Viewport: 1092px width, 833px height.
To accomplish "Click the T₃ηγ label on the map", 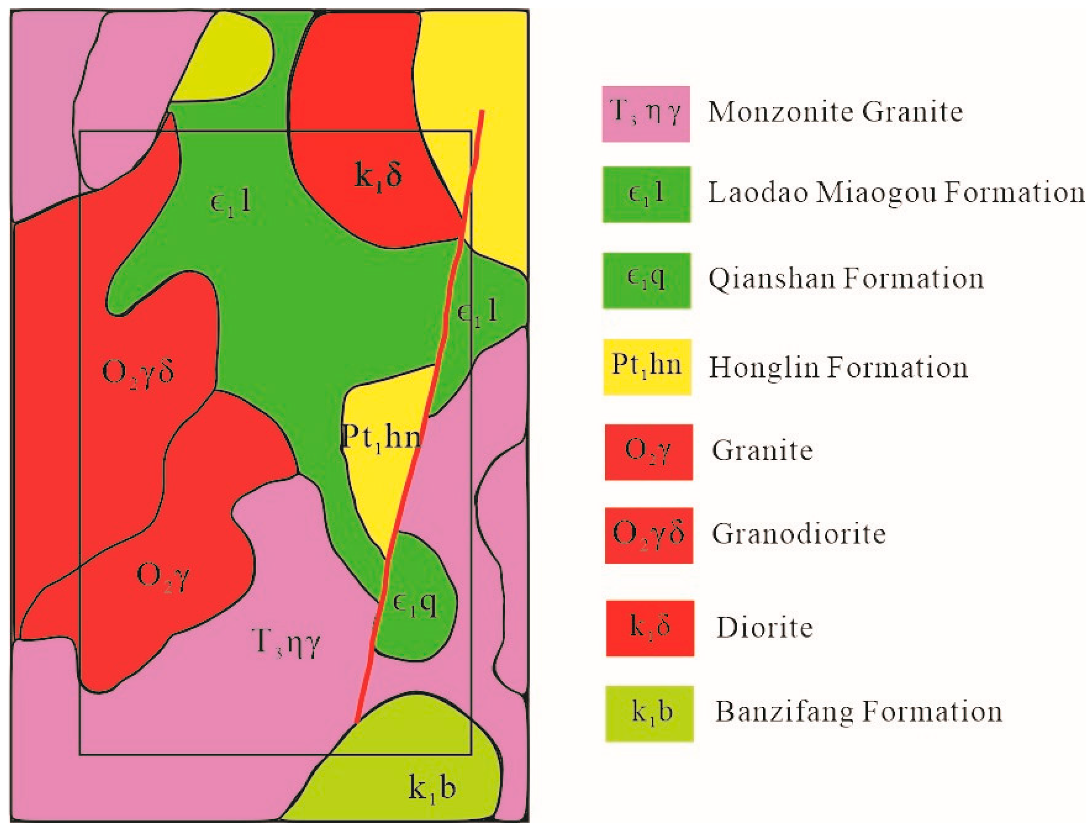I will pyautogui.click(x=286, y=643).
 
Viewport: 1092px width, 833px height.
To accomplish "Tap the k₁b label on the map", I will pyautogui.click(x=432, y=787).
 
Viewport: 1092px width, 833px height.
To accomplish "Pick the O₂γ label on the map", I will pyautogui.click(x=163, y=576).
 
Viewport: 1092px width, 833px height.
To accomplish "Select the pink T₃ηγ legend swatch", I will pyautogui.click(x=646, y=114).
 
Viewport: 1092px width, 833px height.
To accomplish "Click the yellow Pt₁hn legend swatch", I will pyautogui.click(x=647, y=367).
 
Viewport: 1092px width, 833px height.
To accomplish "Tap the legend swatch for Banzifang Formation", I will pyautogui.click(x=649, y=714).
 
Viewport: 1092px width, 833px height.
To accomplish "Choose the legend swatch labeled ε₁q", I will pyautogui.click(x=646, y=280).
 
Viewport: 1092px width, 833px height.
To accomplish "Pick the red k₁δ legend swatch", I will pyautogui.click(x=650, y=628).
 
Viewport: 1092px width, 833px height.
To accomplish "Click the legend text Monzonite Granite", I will pyautogui.click(x=835, y=112).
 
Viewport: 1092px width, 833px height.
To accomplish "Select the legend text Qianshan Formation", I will pyautogui.click(x=846, y=279).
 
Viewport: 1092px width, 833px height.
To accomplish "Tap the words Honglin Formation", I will pyautogui.click(x=838, y=368).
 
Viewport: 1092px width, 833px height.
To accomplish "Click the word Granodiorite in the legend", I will pyautogui.click(x=798, y=534).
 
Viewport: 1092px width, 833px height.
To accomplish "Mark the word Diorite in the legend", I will pyautogui.click(x=765, y=628).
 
